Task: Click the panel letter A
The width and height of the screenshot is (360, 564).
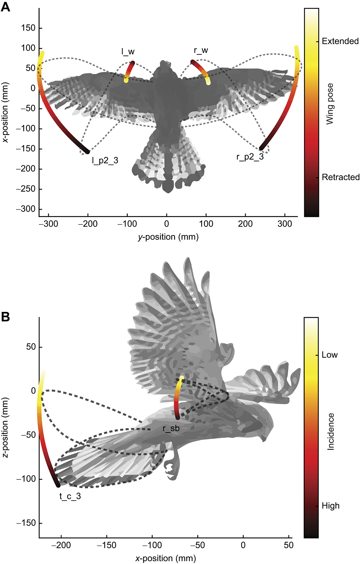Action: click(5, 7)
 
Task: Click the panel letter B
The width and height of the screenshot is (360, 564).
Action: click(5, 317)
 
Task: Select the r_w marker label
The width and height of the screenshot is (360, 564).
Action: click(201, 51)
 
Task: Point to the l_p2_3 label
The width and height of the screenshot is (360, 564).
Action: click(105, 161)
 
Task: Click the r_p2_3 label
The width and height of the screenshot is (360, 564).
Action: click(250, 157)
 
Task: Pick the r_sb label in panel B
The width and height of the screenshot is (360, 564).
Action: click(171, 429)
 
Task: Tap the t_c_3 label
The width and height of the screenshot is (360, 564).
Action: click(70, 496)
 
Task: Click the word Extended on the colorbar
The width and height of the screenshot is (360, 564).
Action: click(340, 41)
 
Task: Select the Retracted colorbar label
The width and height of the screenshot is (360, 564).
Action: click(341, 177)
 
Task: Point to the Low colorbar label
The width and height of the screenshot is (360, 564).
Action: click(330, 355)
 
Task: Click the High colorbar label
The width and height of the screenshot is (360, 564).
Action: click(330, 506)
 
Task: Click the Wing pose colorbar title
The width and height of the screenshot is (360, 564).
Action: click(330, 104)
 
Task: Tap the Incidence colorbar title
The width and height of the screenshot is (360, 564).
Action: click(330, 431)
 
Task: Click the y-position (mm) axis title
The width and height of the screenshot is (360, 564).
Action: click(168, 237)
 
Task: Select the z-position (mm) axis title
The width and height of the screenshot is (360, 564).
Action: click(5, 428)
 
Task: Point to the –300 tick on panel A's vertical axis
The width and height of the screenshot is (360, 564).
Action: click(26, 209)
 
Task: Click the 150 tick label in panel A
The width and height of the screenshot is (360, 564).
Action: click(28, 28)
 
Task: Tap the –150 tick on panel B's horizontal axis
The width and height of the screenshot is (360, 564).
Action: click(107, 545)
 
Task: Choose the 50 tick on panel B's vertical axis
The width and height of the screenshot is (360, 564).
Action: click(31, 347)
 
